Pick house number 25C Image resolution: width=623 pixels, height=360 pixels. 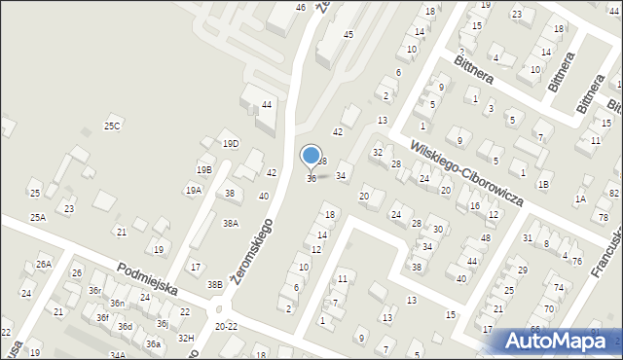tap(113, 126)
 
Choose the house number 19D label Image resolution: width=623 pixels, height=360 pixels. tap(230, 144)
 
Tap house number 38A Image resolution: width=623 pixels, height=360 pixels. tap(230, 223)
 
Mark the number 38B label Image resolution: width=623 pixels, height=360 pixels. tap(214, 284)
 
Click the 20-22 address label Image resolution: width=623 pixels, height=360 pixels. tap(226, 326)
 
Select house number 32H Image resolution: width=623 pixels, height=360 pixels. tap(185, 338)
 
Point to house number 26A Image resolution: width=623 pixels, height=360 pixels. tap(43, 264)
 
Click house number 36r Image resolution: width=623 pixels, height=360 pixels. tap(94, 291)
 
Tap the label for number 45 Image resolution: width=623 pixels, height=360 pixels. tap(348, 35)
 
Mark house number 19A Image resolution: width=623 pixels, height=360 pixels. tap(194, 191)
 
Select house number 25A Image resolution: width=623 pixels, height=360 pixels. tap(38, 217)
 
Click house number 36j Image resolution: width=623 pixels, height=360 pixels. tap(163, 324)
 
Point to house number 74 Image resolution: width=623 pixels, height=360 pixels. tap(559, 288)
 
